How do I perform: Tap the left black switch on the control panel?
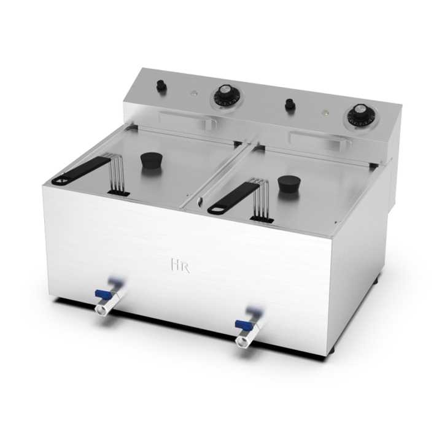[161, 85]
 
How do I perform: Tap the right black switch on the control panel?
[290, 105]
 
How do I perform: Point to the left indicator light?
[194, 93]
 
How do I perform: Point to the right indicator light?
[325, 112]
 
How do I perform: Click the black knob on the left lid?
[152, 160]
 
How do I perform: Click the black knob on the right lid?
[289, 184]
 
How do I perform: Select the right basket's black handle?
[232, 197]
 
